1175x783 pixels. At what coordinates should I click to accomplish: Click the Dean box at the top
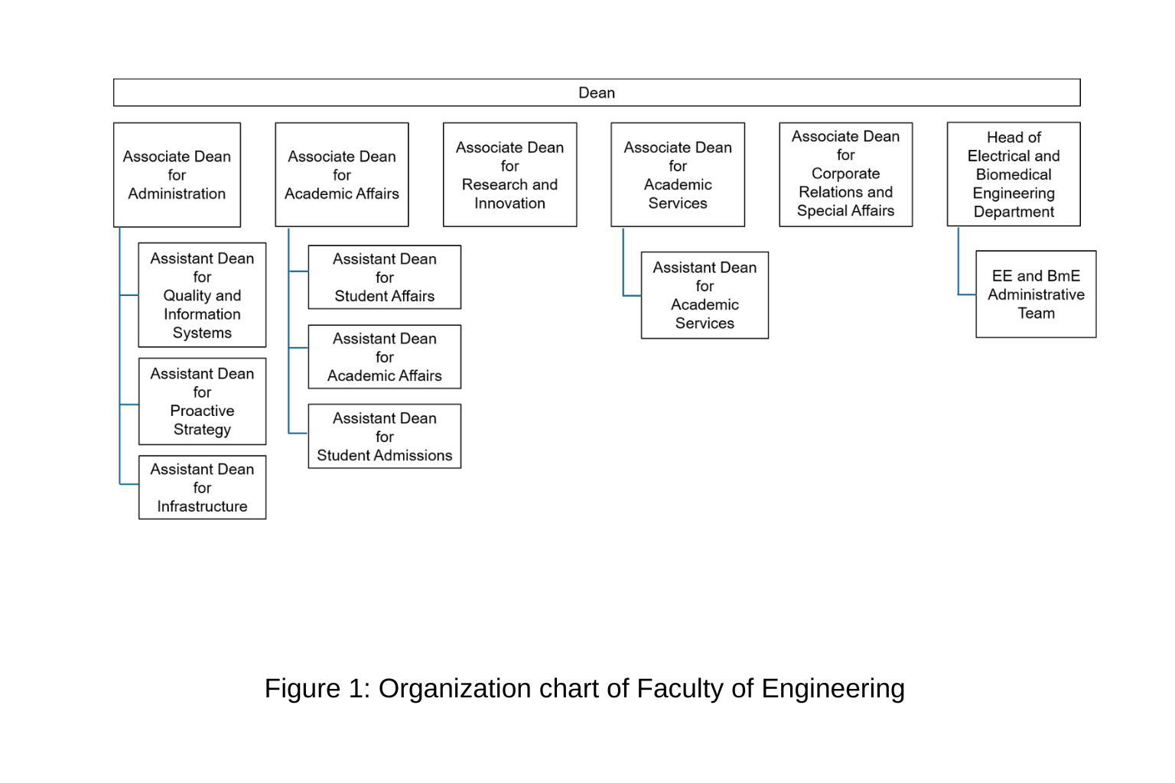pos(597,93)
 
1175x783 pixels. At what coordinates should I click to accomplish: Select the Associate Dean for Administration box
pos(177,174)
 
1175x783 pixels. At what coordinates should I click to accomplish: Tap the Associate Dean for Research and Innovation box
pos(510,174)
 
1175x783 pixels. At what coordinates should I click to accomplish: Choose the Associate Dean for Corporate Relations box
pos(845,174)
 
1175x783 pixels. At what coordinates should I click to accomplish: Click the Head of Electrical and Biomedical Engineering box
pos(1014,174)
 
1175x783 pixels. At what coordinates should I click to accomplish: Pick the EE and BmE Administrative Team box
pos(1036,294)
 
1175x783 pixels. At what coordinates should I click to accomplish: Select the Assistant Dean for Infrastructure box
pos(202,487)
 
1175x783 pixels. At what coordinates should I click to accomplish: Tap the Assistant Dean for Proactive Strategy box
pos(202,401)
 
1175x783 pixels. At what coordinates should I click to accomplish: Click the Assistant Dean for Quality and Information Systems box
pos(202,294)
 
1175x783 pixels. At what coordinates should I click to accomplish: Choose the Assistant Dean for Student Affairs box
pos(385,277)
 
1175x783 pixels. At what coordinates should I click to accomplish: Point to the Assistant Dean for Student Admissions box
pos(385,436)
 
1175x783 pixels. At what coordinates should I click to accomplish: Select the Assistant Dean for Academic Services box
pos(705,295)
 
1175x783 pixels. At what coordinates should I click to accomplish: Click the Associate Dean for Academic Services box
pos(678,174)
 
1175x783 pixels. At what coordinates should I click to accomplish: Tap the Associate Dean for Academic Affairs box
pos(341,174)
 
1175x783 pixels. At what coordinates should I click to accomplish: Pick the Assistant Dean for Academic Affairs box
pos(385,356)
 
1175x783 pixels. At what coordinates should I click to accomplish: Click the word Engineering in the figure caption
pos(833,689)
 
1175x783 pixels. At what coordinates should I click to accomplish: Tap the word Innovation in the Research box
pos(510,203)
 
